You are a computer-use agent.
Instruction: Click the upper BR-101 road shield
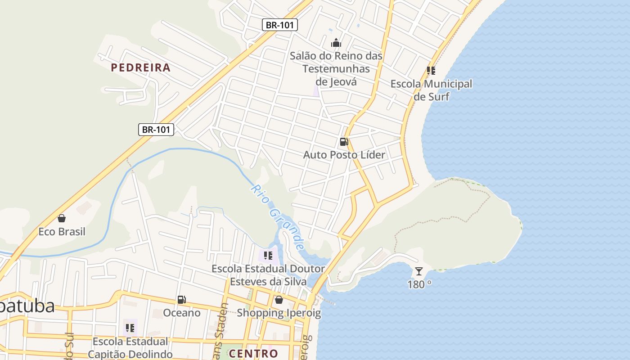(280, 25)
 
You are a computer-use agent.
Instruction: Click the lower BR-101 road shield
(156, 130)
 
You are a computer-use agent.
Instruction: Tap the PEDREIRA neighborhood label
(141, 68)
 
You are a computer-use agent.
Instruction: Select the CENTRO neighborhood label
(253, 353)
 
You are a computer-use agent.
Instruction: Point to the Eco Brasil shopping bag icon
(62, 218)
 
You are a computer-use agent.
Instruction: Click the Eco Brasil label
(62, 232)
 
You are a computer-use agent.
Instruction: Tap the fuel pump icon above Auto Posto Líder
(344, 142)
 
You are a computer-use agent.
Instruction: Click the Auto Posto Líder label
(344, 155)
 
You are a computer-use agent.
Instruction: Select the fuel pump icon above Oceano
(182, 299)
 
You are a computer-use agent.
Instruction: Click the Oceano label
(182, 312)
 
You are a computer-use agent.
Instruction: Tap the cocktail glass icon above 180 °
(419, 271)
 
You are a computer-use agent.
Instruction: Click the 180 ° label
(419, 284)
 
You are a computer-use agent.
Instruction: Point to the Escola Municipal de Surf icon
(431, 71)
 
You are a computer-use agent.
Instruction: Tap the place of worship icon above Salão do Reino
(336, 43)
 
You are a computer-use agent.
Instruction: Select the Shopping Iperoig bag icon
(279, 299)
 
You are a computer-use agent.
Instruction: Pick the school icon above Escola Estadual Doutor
(268, 256)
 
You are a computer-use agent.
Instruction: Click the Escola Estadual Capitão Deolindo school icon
(130, 328)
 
